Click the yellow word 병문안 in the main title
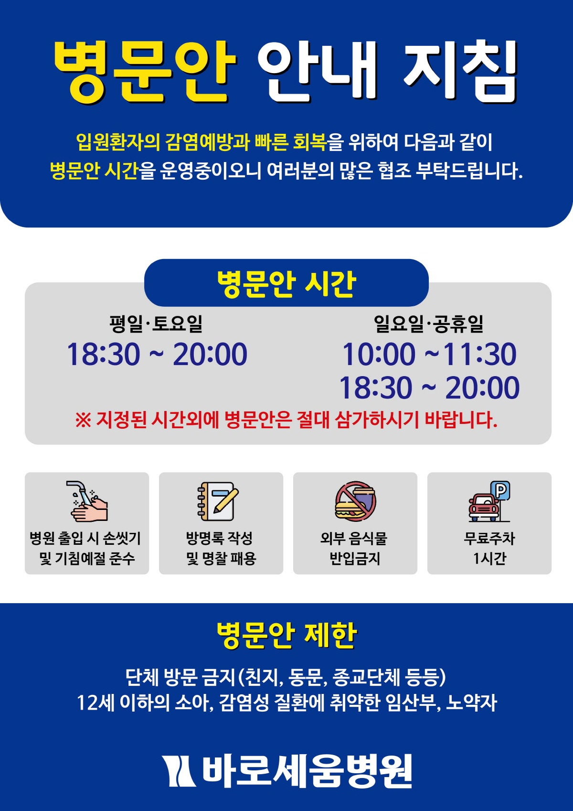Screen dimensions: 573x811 (x=145, y=72)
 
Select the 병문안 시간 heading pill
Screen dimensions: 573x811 (x=286, y=283)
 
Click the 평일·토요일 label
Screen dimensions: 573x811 (x=156, y=324)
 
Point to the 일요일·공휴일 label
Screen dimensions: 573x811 (x=429, y=324)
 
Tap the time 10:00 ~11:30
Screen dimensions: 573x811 (x=429, y=354)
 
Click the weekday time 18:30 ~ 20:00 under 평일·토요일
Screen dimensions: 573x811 (x=157, y=354)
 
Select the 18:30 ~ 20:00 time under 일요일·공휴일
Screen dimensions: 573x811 (x=429, y=388)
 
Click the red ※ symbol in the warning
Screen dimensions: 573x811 (x=83, y=421)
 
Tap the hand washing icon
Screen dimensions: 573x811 (x=87, y=501)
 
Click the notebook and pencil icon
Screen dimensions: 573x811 (x=218, y=501)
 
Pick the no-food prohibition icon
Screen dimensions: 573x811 (x=355, y=501)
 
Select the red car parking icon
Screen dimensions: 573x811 (x=484, y=508)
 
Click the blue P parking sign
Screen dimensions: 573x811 (x=500, y=491)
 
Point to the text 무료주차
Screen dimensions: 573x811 (x=489, y=538)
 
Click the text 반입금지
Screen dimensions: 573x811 (x=355, y=558)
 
